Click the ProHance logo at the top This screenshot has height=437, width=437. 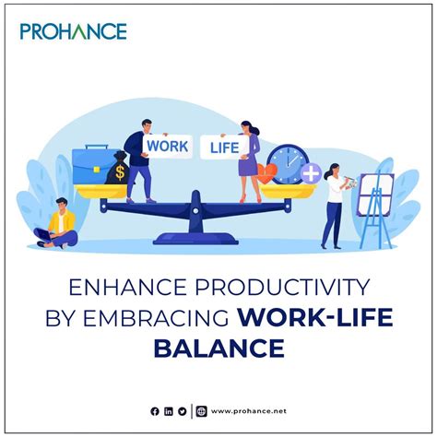click(73, 31)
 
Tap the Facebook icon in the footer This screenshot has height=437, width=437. click(155, 410)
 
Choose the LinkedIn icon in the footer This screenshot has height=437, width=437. click(169, 410)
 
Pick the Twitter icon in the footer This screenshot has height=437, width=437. click(183, 410)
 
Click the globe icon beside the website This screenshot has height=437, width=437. click(202, 410)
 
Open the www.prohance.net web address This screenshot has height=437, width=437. click(246, 410)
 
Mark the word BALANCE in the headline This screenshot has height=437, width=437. click(218, 349)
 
